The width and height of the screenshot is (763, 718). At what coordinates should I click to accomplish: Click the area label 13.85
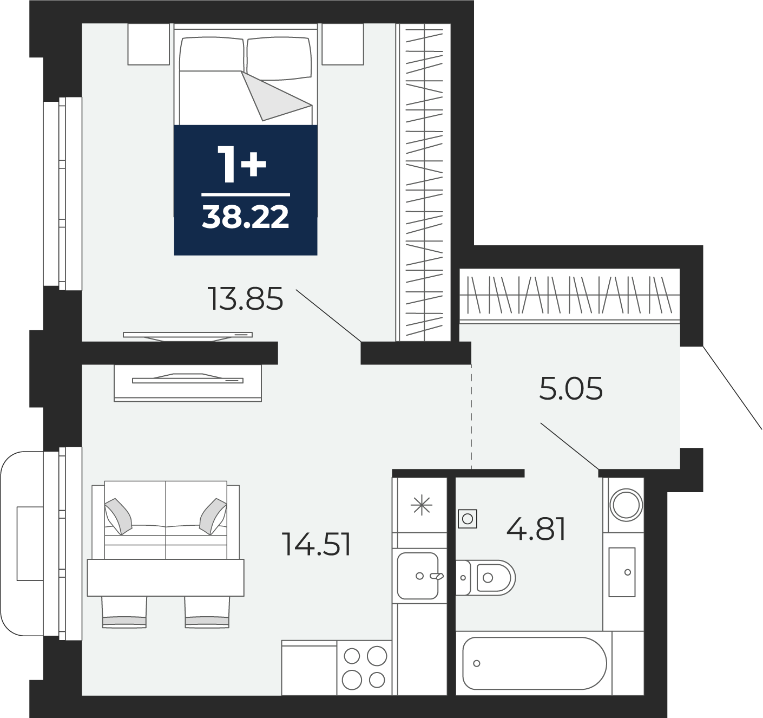245,299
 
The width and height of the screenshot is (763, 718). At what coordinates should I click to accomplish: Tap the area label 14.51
317,544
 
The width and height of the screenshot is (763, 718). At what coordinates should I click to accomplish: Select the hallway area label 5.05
571,389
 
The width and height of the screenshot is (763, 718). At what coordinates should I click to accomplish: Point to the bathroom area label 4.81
536,529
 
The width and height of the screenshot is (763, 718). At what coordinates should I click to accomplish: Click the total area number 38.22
246,217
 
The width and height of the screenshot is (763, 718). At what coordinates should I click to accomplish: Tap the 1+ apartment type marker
242,165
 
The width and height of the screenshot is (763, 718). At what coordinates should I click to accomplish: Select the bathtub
534,663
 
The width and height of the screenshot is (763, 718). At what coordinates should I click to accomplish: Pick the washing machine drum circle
626,505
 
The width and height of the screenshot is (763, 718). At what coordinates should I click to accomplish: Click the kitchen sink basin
418,576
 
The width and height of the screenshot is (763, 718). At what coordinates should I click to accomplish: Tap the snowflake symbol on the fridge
422,505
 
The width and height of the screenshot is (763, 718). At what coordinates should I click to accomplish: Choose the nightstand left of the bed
149,44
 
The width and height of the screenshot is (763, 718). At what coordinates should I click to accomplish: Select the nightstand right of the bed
343,44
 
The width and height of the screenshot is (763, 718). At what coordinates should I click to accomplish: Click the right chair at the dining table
207,612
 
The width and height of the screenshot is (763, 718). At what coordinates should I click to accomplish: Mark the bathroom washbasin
622,572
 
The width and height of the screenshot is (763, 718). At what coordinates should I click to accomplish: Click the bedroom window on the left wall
63,193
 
